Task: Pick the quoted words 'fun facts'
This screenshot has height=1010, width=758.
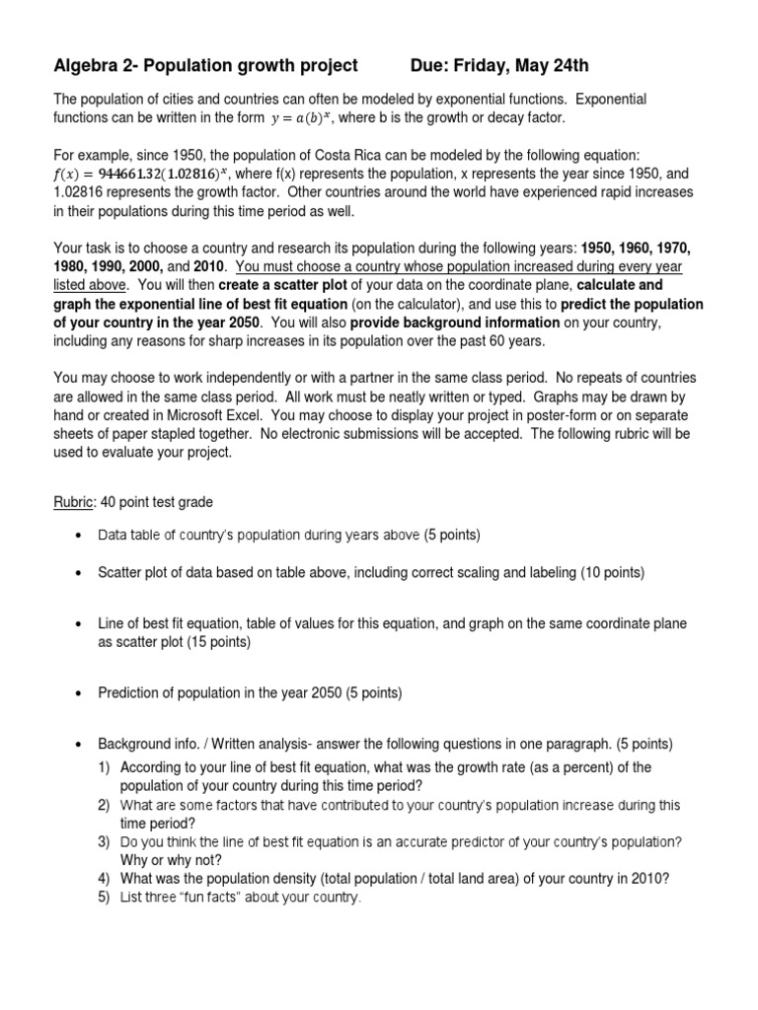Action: point(208,898)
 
